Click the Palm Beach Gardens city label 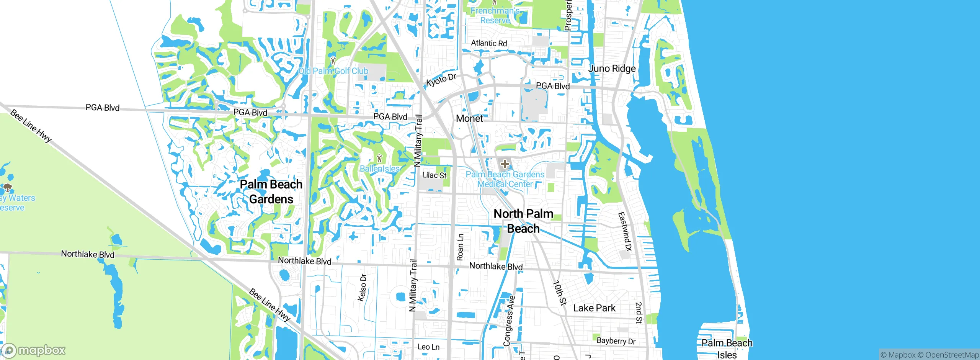coord(271,191)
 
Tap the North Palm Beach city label coord(523,221)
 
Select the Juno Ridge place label coord(612,69)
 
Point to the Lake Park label coord(594,308)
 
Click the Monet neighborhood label coord(469,119)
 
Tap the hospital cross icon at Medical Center coord(505,164)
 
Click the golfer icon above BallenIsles coord(379,158)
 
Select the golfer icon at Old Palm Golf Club coord(333,61)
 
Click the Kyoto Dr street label coord(441,80)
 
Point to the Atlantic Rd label coord(489,43)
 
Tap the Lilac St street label coord(434,175)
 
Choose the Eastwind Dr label coord(625,231)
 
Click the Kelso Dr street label coord(362,287)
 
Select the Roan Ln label coord(460,247)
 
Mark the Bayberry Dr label coord(616,341)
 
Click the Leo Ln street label coord(428,347)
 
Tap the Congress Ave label coord(510,321)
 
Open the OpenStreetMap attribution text coord(948,355)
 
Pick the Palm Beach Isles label coord(727,349)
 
